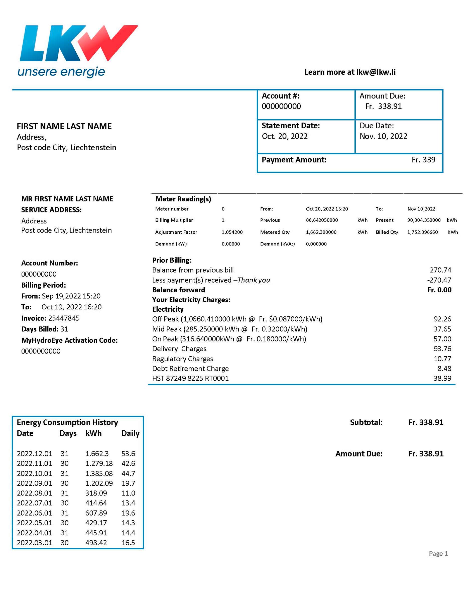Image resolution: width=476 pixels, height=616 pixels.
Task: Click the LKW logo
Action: point(78,51)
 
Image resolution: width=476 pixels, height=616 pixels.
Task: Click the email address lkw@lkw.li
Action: point(376,72)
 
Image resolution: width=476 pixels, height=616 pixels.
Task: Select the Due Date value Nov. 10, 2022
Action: point(383,136)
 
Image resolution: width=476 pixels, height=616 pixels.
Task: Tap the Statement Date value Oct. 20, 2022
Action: point(285,136)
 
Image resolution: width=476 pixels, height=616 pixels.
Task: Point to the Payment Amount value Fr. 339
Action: point(423,160)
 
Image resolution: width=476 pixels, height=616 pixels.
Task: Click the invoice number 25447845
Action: point(64,318)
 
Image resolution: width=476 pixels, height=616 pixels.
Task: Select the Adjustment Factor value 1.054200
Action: point(232,232)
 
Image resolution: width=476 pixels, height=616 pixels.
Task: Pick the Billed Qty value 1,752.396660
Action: point(422,232)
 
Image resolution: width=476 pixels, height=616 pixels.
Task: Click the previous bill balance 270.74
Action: point(440,270)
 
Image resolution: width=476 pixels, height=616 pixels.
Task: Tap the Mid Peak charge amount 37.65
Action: point(442,329)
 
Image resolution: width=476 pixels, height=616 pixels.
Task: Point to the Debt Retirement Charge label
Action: point(190,369)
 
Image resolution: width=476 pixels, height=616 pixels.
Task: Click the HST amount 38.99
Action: point(442,379)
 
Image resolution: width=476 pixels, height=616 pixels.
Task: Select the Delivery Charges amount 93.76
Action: point(442,349)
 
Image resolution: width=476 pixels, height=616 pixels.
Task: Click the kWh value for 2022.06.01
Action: point(96,513)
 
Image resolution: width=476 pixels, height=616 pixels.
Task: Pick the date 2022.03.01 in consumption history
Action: point(34,543)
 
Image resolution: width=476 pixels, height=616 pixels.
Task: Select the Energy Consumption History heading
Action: point(67,423)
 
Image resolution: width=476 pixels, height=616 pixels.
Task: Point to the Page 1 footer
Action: point(438,554)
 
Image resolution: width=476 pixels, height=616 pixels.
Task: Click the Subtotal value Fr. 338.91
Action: point(426,423)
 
